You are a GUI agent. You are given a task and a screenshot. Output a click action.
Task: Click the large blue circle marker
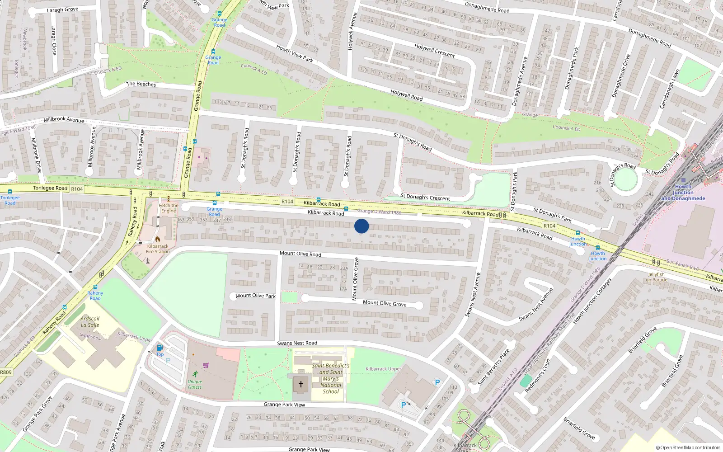pyautogui.click(x=361, y=226)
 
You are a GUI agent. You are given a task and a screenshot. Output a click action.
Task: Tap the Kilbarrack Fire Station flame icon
pyautogui.click(x=158, y=239)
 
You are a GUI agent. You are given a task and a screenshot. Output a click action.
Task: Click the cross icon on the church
pyautogui.click(x=301, y=384)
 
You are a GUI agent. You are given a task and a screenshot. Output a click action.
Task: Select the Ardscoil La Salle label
pyautogui.click(x=90, y=322)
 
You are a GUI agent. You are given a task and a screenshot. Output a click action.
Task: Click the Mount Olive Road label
pyautogui.click(x=300, y=254)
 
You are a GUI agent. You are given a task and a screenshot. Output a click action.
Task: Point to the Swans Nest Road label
pyautogui.click(x=297, y=343)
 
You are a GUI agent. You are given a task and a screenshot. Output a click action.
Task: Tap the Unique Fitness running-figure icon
pyautogui.click(x=195, y=374)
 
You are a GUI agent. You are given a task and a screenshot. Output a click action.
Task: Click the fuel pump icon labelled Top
pyautogui.click(x=159, y=348)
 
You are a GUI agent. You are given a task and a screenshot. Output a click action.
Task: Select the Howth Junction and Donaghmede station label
pyautogui.click(x=683, y=193)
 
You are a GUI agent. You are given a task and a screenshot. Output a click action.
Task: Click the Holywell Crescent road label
pyautogui.click(x=435, y=50)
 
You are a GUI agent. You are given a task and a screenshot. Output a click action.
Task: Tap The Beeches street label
pyautogui.click(x=141, y=84)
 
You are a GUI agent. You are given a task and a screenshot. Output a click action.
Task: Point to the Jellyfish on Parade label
pyautogui.click(x=656, y=277)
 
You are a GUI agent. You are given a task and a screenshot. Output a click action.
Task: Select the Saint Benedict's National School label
pyautogui.click(x=331, y=379)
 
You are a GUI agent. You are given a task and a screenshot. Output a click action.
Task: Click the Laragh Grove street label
pyautogui.click(x=62, y=9)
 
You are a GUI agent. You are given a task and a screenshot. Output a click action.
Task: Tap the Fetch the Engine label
pyautogui.click(x=169, y=208)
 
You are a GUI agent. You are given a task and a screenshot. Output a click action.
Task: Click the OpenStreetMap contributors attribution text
pyautogui.click(x=688, y=448)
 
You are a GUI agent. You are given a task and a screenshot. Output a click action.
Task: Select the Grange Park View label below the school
pyautogui.click(x=284, y=405)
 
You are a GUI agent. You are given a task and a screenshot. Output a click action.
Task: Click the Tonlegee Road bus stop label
pyautogui.click(x=10, y=200)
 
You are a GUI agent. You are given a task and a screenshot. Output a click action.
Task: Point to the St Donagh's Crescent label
pyautogui.click(x=425, y=198)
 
